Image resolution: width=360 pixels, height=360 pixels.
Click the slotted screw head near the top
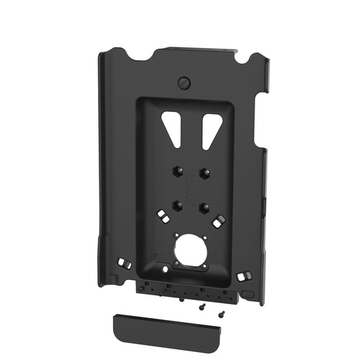click(185, 83)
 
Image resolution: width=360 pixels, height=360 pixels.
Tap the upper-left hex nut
click(174, 171)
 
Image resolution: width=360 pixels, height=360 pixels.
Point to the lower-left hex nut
click(178, 204)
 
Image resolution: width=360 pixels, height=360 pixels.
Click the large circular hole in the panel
click(189, 253)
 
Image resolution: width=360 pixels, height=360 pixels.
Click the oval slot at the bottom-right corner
click(246, 293)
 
